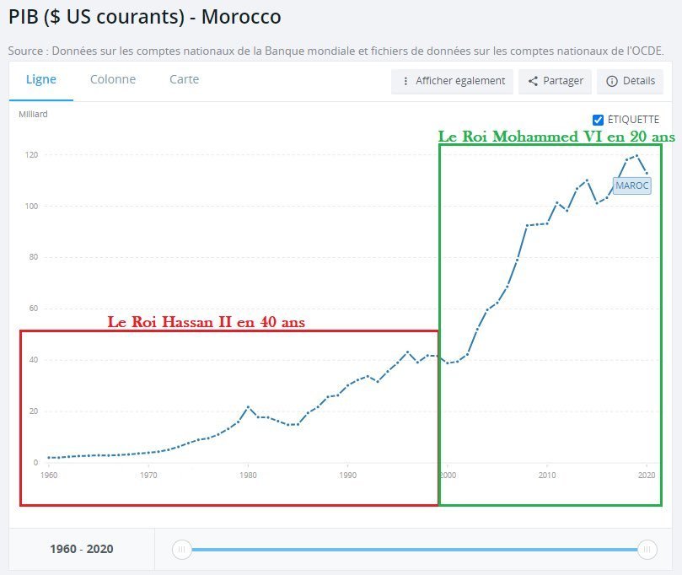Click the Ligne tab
click(41, 79)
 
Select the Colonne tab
click(113, 79)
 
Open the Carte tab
click(184, 79)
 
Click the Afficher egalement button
click(453, 81)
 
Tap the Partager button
click(555, 81)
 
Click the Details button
click(630, 81)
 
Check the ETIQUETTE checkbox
click(599, 120)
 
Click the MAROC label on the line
click(632, 185)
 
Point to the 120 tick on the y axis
click(32, 155)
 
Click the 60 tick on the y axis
click(34, 309)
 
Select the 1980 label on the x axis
click(248, 476)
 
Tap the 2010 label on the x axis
click(548, 476)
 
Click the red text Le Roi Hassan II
click(207, 322)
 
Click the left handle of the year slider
click(181, 550)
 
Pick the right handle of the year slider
click(647, 550)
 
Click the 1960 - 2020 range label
click(81, 550)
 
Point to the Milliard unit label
click(33, 114)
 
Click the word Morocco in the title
click(241, 17)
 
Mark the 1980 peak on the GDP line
click(248, 407)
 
